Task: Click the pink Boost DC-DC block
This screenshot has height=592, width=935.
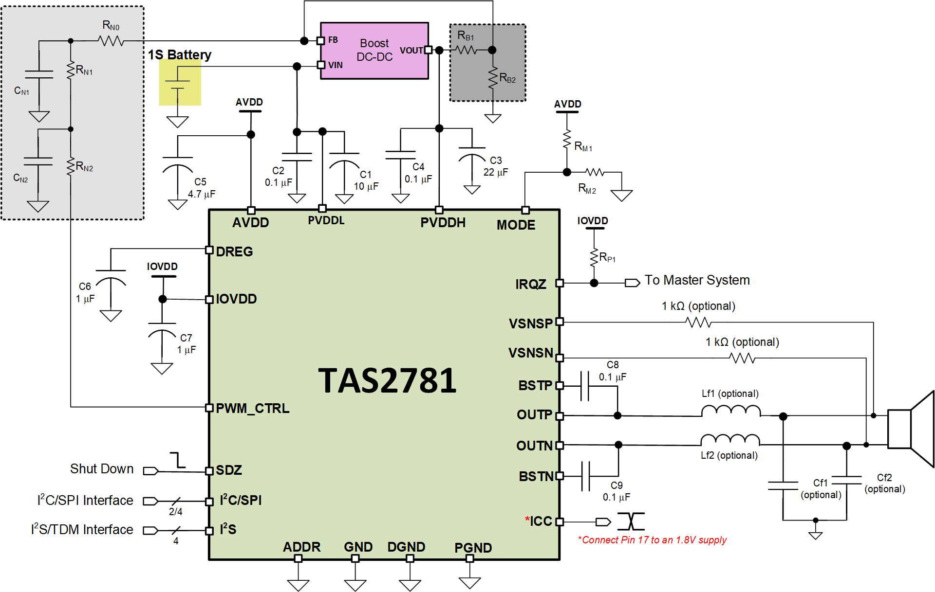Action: pyautogui.click(x=374, y=50)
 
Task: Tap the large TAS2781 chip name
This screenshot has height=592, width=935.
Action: pyautogui.click(x=387, y=380)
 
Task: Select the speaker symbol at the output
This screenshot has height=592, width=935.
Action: pyautogui.click(x=911, y=429)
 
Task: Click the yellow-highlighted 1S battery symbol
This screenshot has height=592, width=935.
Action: pyautogui.click(x=180, y=83)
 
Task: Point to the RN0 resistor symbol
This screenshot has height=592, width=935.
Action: pyautogui.click(x=111, y=41)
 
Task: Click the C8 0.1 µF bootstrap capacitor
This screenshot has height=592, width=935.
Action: pyautogui.click(x=585, y=386)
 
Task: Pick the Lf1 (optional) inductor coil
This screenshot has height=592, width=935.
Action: pyautogui.click(x=730, y=411)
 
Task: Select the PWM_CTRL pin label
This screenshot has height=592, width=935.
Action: pyautogui.click(x=252, y=408)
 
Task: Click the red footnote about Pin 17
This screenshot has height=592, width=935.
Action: pyautogui.click(x=652, y=540)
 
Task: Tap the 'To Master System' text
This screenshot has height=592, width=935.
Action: pyautogui.click(x=697, y=280)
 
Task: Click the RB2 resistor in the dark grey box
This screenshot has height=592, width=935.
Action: pyautogui.click(x=493, y=78)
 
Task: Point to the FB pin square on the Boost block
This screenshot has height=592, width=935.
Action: pyautogui.click(x=321, y=41)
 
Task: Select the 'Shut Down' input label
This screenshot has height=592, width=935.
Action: pyautogui.click(x=102, y=469)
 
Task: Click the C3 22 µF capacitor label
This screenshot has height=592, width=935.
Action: pyautogui.click(x=495, y=166)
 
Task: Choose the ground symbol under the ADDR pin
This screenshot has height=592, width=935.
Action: pyautogui.click(x=298, y=584)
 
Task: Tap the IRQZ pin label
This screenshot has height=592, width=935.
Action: pyautogui.click(x=530, y=284)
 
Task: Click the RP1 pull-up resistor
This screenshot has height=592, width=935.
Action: pyautogui.click(x=594, y=257)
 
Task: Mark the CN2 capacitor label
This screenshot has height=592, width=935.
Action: pyautogui.click(x=20, y=178)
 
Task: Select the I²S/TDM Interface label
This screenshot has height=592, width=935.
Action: pyautogui.click(x=82, y=530)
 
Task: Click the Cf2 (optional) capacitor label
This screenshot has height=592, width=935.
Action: pyautogui.click(x=884, y=483)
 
